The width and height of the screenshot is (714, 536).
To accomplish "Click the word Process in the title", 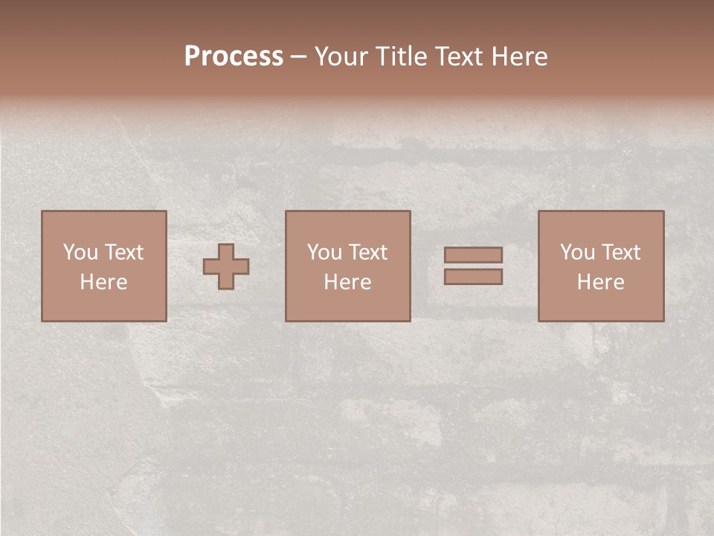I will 234,57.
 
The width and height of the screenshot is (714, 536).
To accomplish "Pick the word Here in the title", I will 522,57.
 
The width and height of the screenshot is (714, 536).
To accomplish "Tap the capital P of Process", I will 192,57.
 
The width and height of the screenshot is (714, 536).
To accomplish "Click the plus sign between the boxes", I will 226,266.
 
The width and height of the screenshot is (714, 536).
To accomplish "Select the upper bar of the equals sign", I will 473,255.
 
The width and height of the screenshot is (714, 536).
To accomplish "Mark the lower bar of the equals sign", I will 473,276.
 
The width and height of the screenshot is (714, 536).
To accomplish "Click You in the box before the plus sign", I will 80,252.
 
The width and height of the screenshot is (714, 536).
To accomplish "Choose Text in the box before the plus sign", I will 123,252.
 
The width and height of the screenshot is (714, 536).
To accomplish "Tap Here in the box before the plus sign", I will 103,282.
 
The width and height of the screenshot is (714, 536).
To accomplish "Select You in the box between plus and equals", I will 324,252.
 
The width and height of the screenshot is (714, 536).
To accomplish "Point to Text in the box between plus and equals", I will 367,252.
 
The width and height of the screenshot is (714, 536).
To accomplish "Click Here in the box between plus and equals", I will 347,282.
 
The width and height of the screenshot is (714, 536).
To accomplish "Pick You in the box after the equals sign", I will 577,252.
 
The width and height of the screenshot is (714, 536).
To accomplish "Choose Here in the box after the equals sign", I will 600,282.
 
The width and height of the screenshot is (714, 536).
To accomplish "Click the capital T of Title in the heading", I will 384,57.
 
